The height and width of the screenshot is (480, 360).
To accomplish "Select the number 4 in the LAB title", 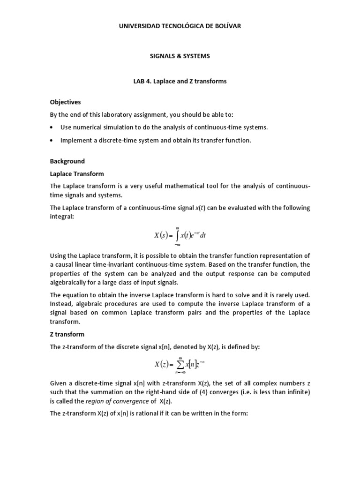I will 149,81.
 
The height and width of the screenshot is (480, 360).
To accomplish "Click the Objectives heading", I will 65,102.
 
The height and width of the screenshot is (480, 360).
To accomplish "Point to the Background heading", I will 67,161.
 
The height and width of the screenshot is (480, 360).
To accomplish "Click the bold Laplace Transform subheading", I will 77,174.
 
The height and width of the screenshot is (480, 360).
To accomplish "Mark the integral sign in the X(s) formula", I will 178,236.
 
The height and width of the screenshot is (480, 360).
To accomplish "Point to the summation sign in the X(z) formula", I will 178,364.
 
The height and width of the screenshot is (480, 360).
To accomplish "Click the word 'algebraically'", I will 69,283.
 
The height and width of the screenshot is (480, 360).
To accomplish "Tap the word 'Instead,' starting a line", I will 62,304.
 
